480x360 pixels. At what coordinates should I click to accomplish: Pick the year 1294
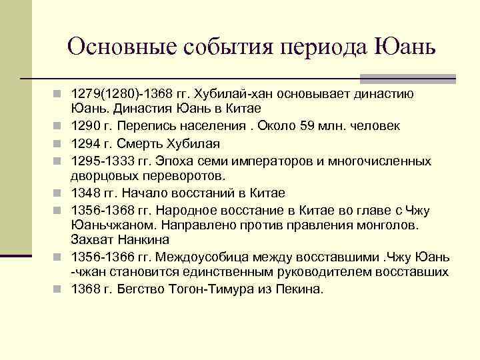(86, 143)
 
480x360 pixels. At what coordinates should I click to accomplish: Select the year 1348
(86, 193)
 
